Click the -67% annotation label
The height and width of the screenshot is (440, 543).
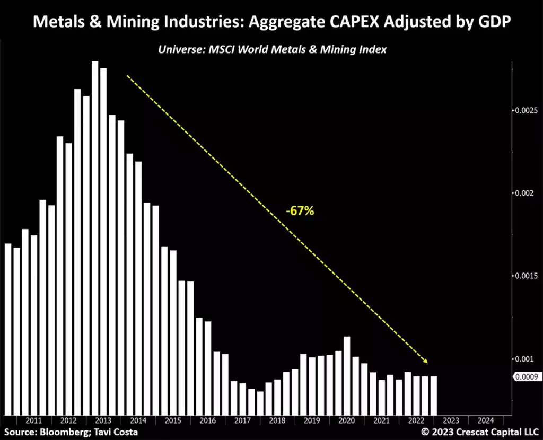300,211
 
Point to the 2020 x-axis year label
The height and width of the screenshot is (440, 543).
346,421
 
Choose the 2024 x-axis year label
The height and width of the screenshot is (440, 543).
485,421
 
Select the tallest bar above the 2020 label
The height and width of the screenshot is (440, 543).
347,375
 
